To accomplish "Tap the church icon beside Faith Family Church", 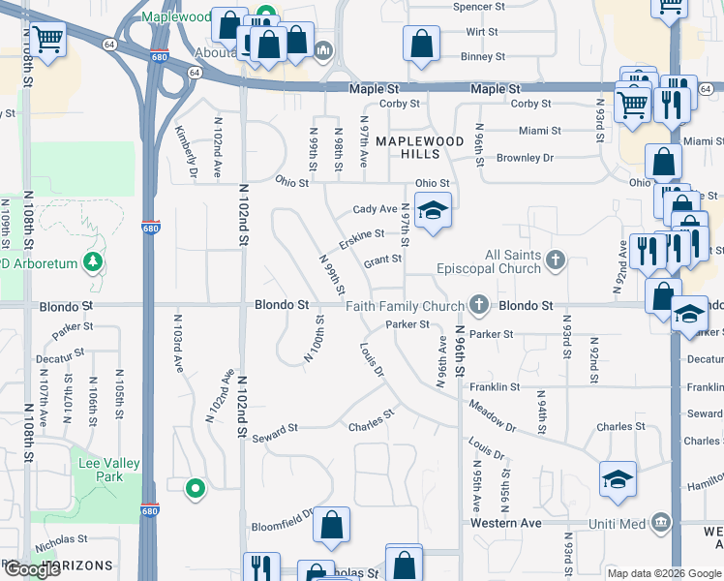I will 476,306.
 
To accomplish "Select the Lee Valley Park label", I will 101,471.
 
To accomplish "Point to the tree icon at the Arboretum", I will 93,262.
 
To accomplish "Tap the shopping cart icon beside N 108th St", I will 46,41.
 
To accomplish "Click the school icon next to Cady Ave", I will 433,210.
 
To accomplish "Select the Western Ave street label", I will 505,523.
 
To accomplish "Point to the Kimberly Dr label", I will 186,151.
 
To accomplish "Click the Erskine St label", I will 361,238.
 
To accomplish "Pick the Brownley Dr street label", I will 524,158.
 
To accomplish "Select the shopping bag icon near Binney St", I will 422,44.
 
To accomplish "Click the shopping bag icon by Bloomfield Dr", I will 332,526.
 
